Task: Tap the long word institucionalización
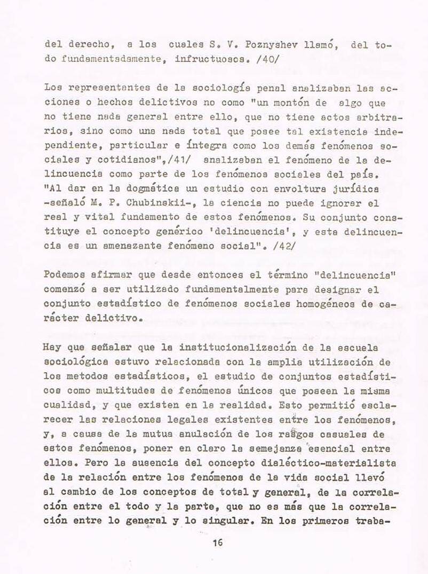click(x=224, y=347)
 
